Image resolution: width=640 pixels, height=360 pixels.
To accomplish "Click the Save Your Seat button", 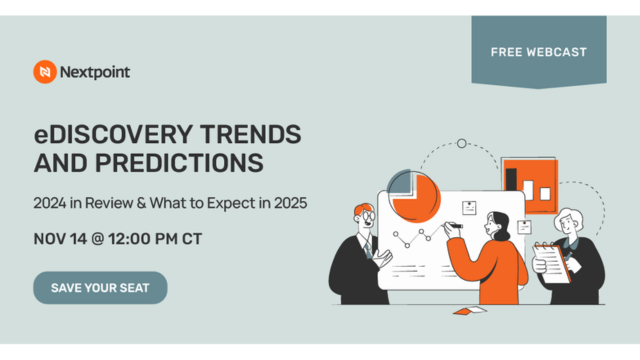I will coord(100,287).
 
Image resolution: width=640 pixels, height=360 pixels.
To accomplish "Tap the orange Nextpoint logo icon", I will coord(44,72).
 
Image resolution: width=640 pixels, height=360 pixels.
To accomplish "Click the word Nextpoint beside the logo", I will coord(94,72).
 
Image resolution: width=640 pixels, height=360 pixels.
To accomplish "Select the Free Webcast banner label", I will coord(539,51).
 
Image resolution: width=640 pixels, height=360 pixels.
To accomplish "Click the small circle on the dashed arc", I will coord(461,144).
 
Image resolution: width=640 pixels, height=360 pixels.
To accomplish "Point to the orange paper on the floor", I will coord(467,311).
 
